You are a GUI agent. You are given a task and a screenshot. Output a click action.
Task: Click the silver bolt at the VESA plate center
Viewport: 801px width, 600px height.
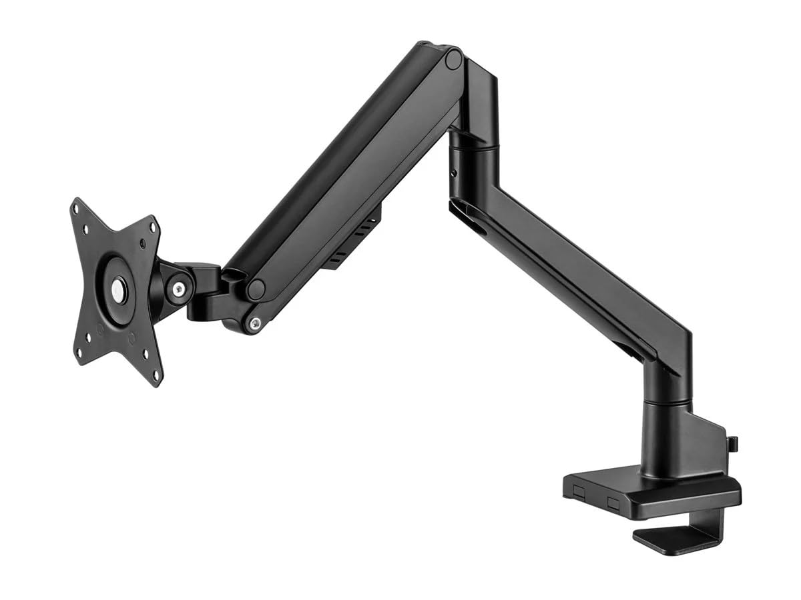[x=118, y=289]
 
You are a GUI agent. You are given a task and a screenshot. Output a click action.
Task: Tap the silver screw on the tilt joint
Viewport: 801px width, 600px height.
[x=179, y=289]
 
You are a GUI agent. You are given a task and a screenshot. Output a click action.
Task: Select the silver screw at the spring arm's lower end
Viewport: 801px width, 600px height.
[x=253, y=324]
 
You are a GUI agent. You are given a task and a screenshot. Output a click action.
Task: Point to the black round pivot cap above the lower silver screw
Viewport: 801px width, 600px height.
[x=255, y=289]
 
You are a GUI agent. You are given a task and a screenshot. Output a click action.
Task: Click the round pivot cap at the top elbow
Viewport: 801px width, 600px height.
[x=454, y=59]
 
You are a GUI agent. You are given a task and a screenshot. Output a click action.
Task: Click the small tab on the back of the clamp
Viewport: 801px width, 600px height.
[x=732, y=443]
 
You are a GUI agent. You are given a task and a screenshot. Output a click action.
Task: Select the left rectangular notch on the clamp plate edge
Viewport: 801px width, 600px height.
[x=579, y=491]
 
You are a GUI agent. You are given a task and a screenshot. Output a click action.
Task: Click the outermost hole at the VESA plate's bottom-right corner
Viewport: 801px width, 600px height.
[x=158, y=375]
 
